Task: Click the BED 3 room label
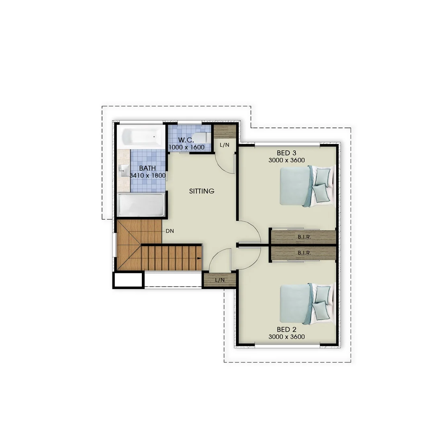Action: pyautogui.click(x=286, y=153)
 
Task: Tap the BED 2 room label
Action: pyautogui.click(x=286, y=330)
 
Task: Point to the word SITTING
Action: pyautogui.click(x=202, y=191)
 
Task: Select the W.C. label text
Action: pyautogui.click(x=186, y=140)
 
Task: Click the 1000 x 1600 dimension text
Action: pyautogui.click(x=186, y=148)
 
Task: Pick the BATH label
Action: pyautogui.click(x=147, y=168)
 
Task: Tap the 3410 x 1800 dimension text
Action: pyautogui.click(x=148, y=176)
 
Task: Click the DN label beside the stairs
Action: pyautogui.click(x=170, y=231)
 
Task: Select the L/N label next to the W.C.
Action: pyautogui.click(x=224, y=145)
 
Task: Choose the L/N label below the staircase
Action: pyautogui.click(x=219, y=280)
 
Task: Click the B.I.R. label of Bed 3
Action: pyautogui.click(x=304, y=237)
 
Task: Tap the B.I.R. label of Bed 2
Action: pyautogui.click(x=304, y=253)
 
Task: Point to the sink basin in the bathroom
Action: pyautogui.click(x=124, y=171)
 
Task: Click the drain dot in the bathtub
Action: pyautogui.click(x=154, y=137)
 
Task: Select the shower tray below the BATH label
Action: pyautogui.click(x=141, y=205)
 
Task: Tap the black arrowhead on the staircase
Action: pyautogui.click(x=199, y=259)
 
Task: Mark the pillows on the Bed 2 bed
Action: pyautogui.click(x=321, y=302)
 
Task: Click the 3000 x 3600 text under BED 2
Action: pyautogui.click(x=286, y=337)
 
